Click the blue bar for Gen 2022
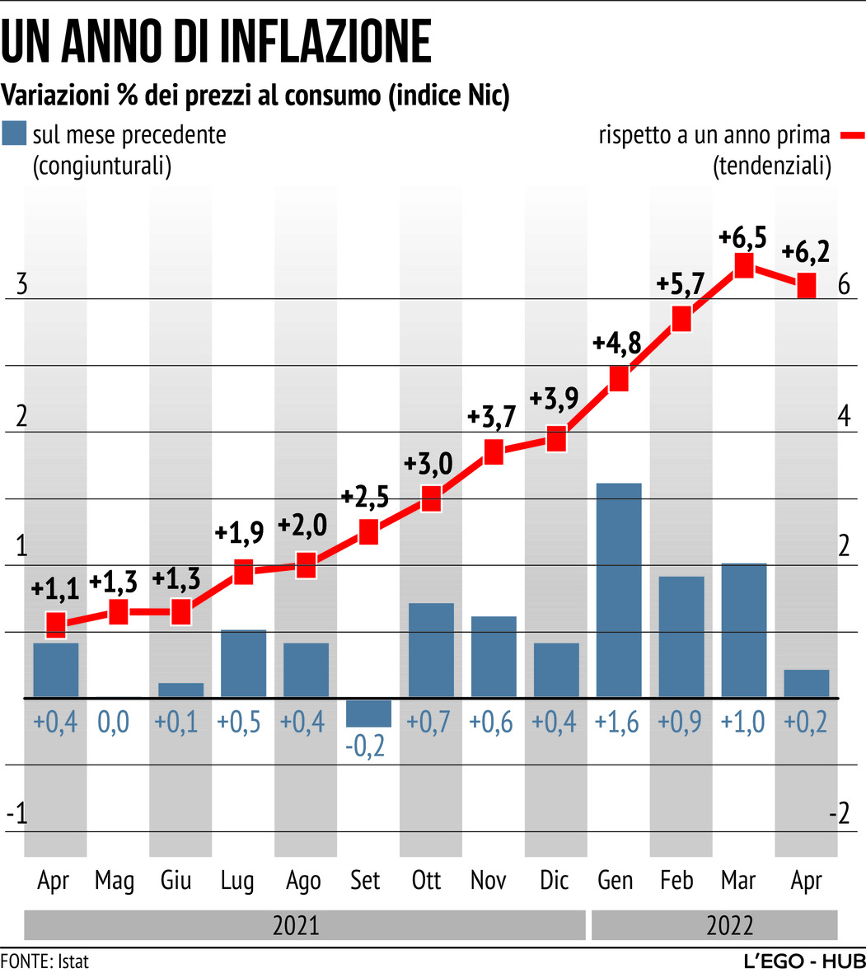(619, 590)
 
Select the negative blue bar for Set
(368, 713)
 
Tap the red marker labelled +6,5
(744, 265)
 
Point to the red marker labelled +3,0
(431, 498)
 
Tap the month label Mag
(114, 881)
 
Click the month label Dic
(555, 881)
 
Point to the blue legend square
(14, 133)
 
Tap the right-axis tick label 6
(843, 284)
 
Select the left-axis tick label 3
(22, 284)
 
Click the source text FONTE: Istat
(44, 961)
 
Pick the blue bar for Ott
(431, 650)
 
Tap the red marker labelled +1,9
(243, 571)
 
